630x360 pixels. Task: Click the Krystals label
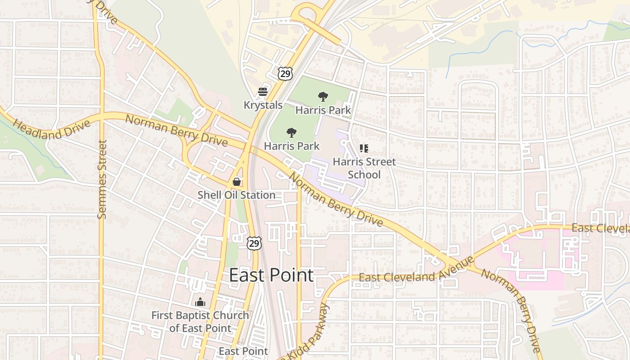pyautogui.click(x=263, y=105)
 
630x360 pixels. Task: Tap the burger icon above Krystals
pyautogui.click(x=263, y=92)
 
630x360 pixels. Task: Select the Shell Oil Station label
pyautogui.click(x=236, y=195)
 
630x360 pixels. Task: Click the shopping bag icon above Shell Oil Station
pyautogui.click(x=236, y=182)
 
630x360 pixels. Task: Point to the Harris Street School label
pyautogui.click(x=364, y=168)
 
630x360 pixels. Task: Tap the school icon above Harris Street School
pyautogui.click(x=364, y=148)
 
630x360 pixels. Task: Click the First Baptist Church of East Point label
pyautogui.click(x=200, y=322)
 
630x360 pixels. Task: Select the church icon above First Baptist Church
pyautogui.click(x=200, y=302)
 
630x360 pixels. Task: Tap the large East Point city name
pyautogui.click(x=271, y=275)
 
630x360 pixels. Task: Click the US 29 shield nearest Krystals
pyautogui.click(x=285, y=74)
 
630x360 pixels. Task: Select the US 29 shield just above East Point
pyautogui.click(x=254, y=243)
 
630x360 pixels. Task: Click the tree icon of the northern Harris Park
pyautogui.click(x=323, y=96)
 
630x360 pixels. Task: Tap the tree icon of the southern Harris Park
pyautogui.click(x=292, y=132)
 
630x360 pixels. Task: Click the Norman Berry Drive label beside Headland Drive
pyautogui.click(x=176, y=130)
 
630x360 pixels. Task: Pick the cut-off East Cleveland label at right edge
pyautogui.click(x=600, y=229)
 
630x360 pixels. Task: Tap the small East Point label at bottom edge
pyautogui.click(x=243, y=351)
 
